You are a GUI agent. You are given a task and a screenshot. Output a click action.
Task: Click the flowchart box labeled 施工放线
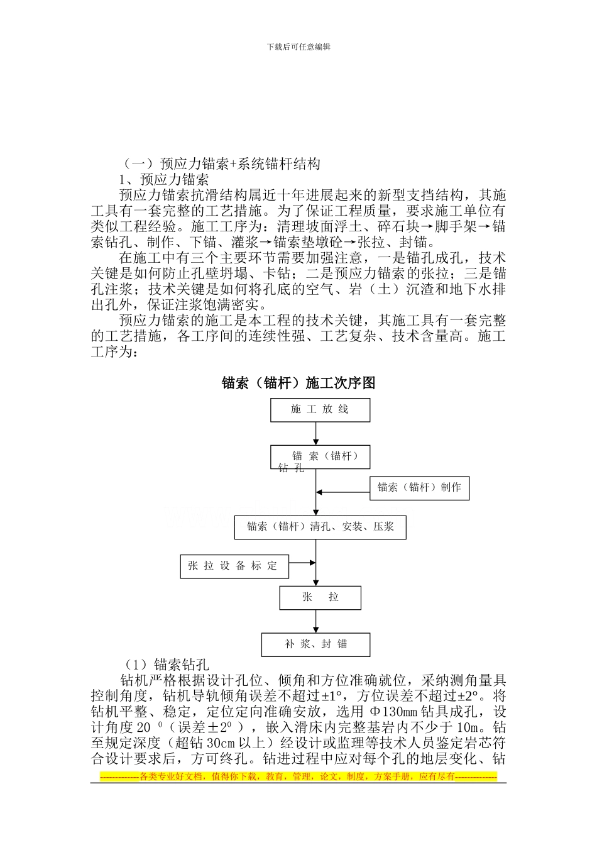pyautogui.click(x=320, y=410)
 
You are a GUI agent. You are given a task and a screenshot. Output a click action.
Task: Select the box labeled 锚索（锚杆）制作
pyautogui.click(x=419, y=488)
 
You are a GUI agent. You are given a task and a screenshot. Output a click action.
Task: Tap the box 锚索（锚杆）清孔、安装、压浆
pyautogui.click(x=320, y=527)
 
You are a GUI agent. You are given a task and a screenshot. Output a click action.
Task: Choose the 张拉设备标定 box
pyautogui.click(x=234, y=566)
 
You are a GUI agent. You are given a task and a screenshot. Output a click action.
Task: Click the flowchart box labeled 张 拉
pyautogui.click(x=320, y=597)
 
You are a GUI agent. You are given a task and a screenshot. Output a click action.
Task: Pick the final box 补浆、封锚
pyautogui.click(x=315, y=644)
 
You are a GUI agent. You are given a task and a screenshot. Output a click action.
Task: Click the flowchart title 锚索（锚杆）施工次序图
pyautogui.click(x=298, y=383)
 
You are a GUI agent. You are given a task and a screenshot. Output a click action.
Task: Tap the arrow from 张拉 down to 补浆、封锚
pyautogui.click(x=316, y=621)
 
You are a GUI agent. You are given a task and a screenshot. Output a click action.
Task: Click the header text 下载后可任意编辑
pyautogui.click(x=298, y=47)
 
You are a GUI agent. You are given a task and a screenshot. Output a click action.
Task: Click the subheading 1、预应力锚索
pyautogui.click(x=164, y=179)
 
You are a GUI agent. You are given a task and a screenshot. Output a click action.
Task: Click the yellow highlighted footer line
pyautogui.click(x=298, y=777)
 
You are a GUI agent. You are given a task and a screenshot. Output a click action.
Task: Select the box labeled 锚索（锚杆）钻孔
pyautogui.click(x=320, y=457)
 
